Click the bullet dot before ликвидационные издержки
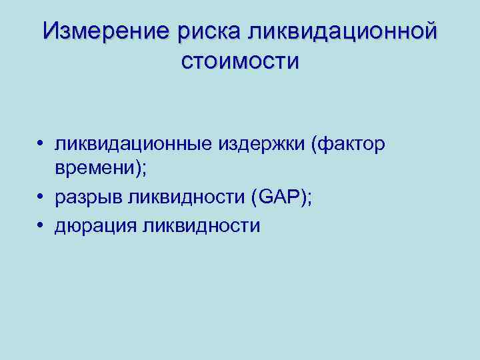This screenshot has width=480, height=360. click(41, 144)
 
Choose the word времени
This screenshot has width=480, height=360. click(94, 171)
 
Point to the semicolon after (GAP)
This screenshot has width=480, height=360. click(308, 200)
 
